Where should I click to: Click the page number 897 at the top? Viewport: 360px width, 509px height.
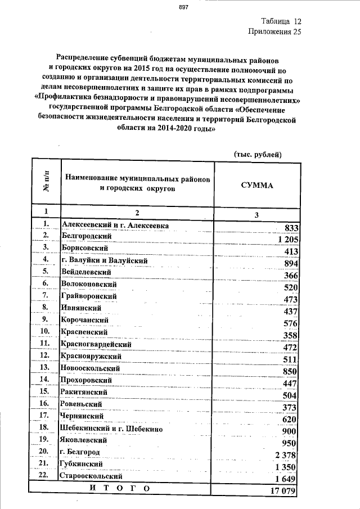pos(184,7)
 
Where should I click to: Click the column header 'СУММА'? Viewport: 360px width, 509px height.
pos(256,184)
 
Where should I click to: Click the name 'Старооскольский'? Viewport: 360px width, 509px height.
pos(92,476)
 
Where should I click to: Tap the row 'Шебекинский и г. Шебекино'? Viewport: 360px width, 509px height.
pos(111,429)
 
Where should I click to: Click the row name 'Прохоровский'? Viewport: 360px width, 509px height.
pos(88,380)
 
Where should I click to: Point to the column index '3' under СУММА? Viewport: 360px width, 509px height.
pos(256,215)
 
